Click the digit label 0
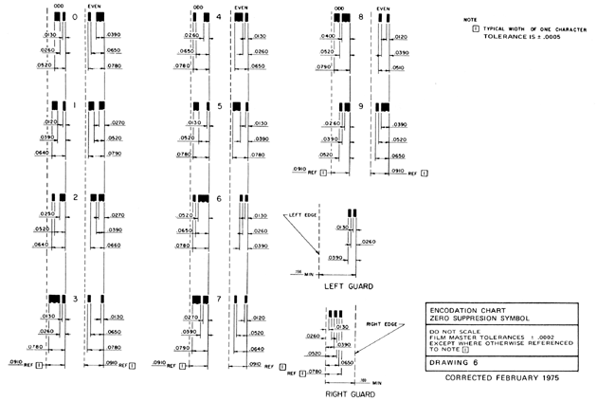coord(74,18)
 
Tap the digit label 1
coord(74,107)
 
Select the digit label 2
coord(74,198)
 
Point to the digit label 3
coord(74,300)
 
